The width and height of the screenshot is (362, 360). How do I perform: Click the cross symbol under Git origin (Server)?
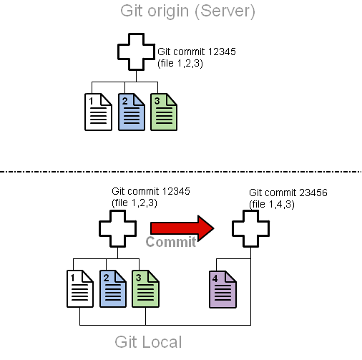click(x=136, y=52)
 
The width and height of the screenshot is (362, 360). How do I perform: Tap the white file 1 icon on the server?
click(x=98, y=112)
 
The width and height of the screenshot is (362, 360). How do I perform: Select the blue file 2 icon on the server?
click(x=132, y=112)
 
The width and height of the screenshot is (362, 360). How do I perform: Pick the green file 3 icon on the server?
click(x=164, y=112)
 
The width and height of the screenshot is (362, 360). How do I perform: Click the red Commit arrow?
click(x=182, y=228)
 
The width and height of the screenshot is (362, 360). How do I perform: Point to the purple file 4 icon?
click(x=222, y=289)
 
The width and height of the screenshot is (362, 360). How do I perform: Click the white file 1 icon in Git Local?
click(x=80, y=288)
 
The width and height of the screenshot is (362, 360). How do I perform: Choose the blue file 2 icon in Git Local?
click(x=113, y=288)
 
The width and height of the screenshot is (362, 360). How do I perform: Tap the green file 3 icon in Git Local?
click(x=145, y=288)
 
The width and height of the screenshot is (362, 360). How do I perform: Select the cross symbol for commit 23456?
click(x=250, y=228)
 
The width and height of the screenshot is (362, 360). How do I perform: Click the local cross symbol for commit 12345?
click(x=117, y=228)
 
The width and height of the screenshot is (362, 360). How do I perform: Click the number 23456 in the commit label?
click(x=313, y=193)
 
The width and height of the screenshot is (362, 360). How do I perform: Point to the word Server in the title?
click(x=225, y=11)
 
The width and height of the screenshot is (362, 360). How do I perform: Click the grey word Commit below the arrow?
click(x=171, y=242)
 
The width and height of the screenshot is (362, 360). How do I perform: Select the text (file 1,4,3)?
click(x=272, y=205)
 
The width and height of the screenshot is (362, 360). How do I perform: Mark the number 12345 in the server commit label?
click(x=222, y=52)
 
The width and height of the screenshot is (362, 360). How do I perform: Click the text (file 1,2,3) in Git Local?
click(x=134, y=203)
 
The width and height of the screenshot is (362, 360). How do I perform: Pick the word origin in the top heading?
click(x=168, y=12)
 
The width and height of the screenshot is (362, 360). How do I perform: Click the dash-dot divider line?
click(x=181, y=172)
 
